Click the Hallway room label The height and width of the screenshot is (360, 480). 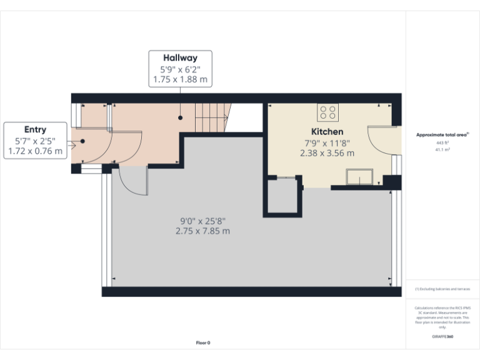click(x=180, y=58)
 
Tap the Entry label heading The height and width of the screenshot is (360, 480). click(x=35, y=129)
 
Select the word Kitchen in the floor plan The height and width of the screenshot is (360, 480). click(x=327, y=132)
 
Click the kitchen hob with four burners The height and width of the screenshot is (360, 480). click(x=328, y=112)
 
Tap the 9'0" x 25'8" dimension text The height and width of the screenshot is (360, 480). click(x=202, y=221)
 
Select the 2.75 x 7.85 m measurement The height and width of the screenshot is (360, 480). click(x=202, y=231)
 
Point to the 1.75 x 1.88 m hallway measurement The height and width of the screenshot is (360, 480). click(x=180, y=80)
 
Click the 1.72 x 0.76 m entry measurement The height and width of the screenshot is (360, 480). click(x=35, y=151)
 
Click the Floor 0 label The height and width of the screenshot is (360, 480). click(x=203, y=342)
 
